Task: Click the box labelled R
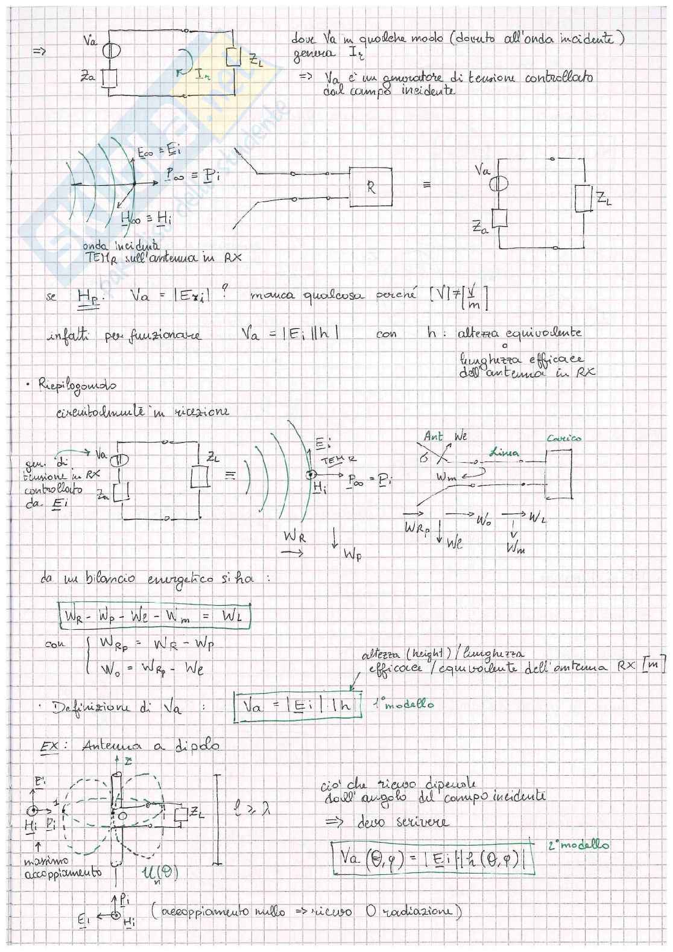[370, 187]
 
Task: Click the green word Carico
[564, 437]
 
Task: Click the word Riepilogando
[77, 384]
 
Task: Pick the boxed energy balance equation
[155, 615]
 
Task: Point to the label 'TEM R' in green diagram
[332, 462]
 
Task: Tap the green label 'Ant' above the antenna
[433, 436]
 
